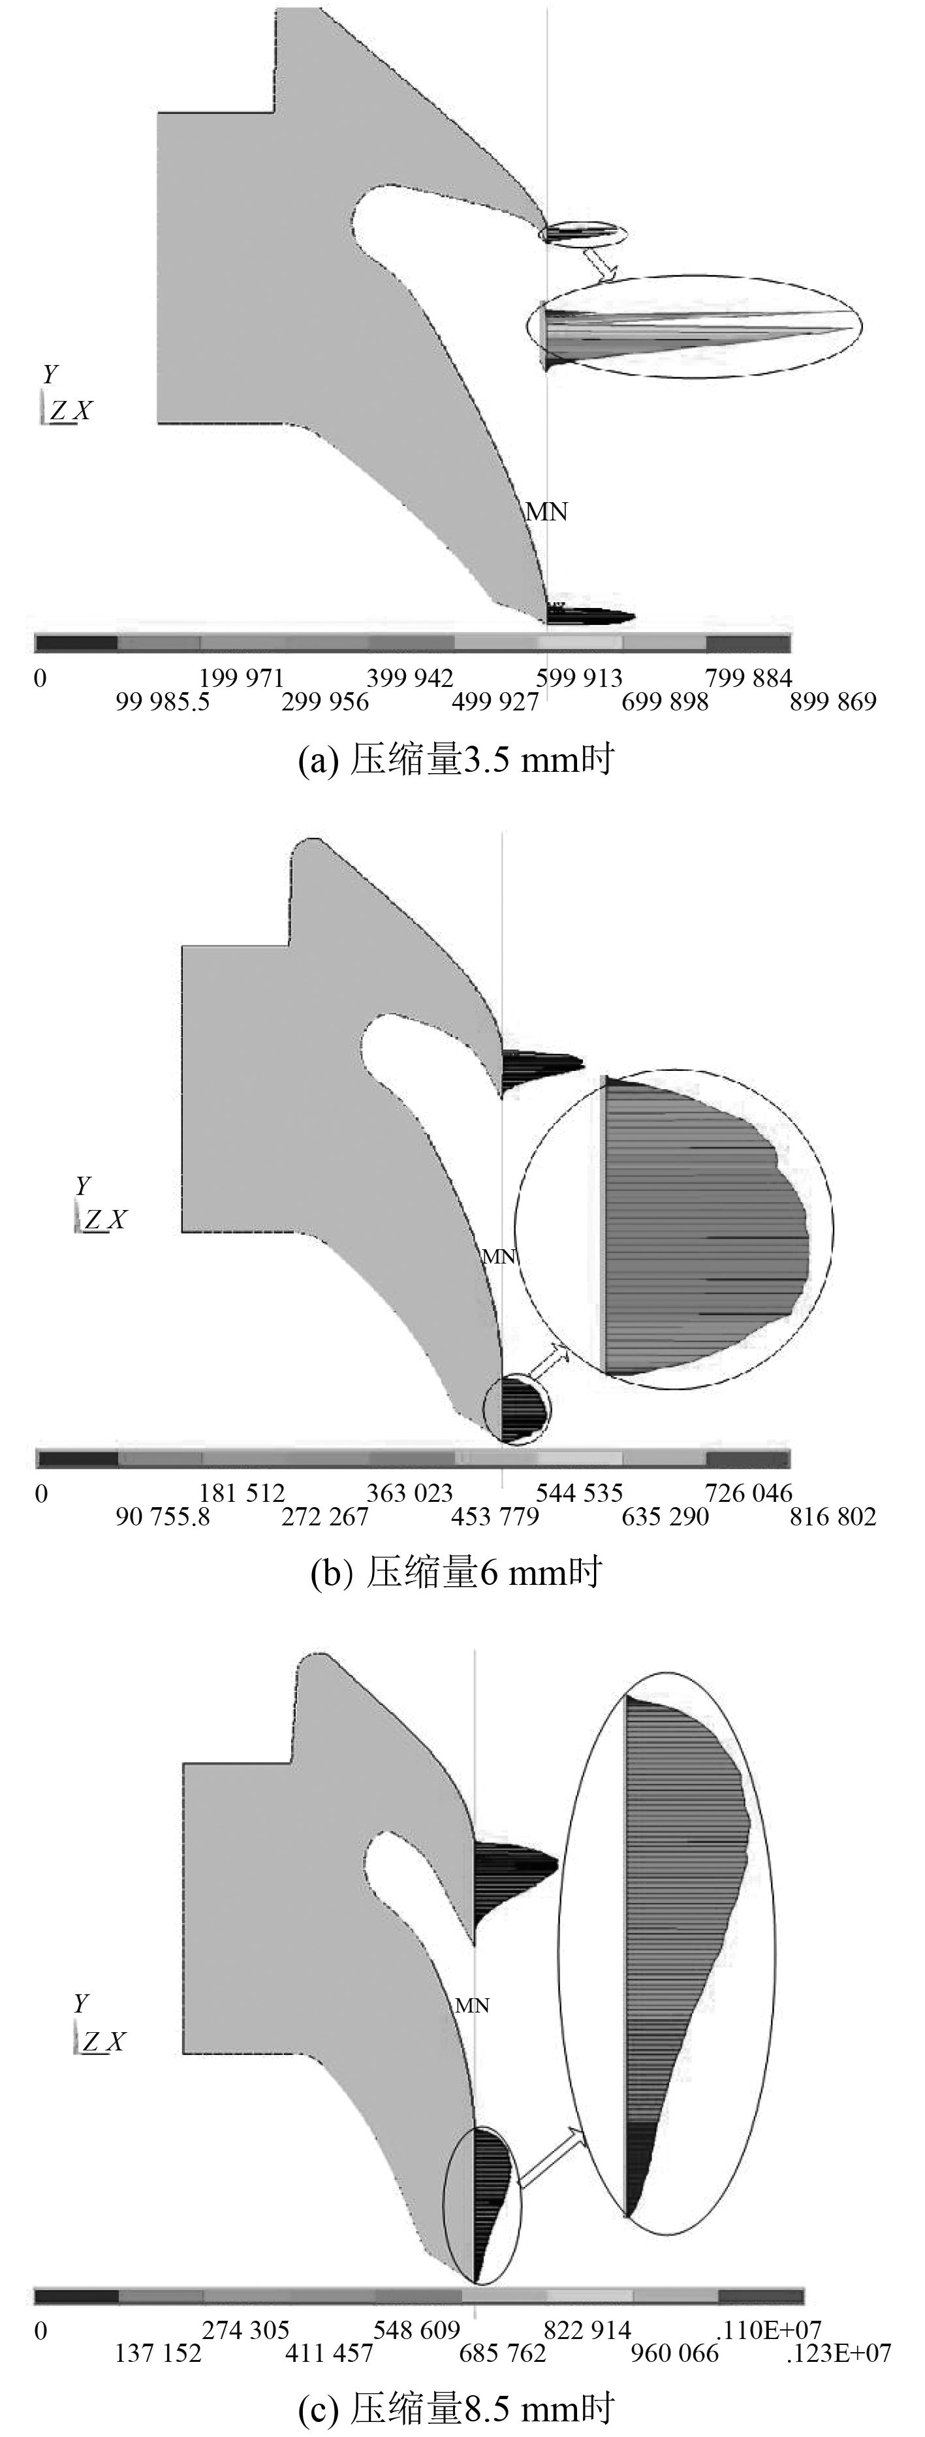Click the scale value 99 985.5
pos(163,702)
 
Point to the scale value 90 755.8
pos(163,1518)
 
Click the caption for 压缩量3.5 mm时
pos(456,759)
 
